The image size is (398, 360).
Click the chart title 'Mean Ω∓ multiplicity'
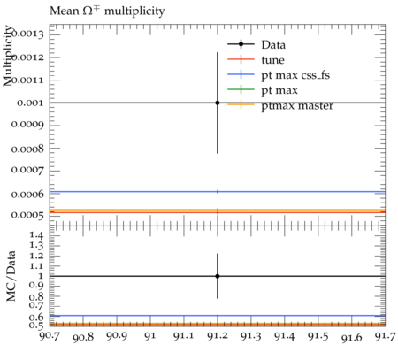[x=107, y=11]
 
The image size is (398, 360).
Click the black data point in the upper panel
[x=218, y=103]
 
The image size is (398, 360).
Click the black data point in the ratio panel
[x=218, y=276]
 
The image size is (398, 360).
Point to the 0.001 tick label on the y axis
[x=30, y=103]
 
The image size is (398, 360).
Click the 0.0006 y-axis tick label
[x=27, y=194]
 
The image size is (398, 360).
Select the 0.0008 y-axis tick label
[x=27, y=149]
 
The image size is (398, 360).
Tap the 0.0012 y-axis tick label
[x=27, y=57]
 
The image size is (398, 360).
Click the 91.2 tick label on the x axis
[x=218, y=336]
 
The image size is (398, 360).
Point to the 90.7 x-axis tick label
[x=50, y=336]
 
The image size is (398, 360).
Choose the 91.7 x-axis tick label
[x=386, y=336]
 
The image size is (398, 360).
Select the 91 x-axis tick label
[x=150, y=336]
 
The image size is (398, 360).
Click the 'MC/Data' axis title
[x=11, y=276]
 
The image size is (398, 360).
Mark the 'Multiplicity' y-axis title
[x=8, y=56]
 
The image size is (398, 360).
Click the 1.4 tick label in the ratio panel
[x=36, y=235]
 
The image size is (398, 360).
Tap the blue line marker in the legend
[x=241, y=74]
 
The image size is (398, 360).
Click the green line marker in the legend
[x=241, y=89]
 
